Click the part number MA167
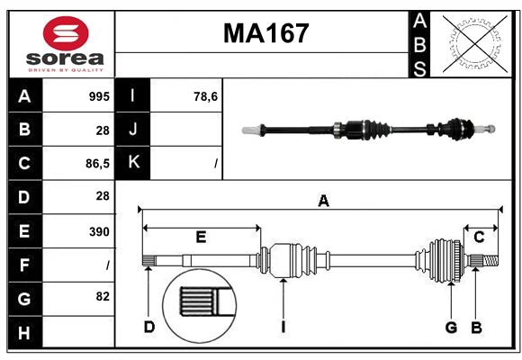pyautogui.click(x=265, y=33)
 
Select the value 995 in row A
pyautogui.click(x=99, y=96)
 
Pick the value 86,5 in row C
pyautogui.click(x=95, y=164)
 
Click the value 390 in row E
pyautogui.click(x=99, y=231)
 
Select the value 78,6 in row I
pyautogui.click(x=205, y=96)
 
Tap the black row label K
pyautogui.click(x=133, y=163)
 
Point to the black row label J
pyautogui.click(x=133, y=130)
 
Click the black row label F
pyautogui.click(x=24, y=265)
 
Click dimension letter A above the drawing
pyautogui.click(x=323, y=202)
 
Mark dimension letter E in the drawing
pyautogui.click(x=201, y=238)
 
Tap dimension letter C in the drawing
pyautogui.click(x=479, y=237)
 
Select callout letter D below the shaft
pyautogui.click(x=149, y=327)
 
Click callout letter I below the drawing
pyautogui.click(x=283, y=327)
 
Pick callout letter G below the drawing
pyautogui.click(x=452, y=327)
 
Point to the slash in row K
pyautogui.click(x=216, y=164)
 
